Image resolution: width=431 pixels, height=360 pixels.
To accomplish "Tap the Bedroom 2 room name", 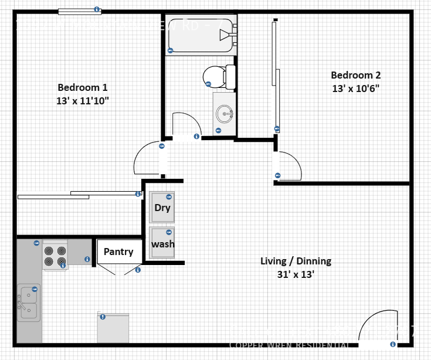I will pos(355,75).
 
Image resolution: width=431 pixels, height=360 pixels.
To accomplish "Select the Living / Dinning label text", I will pos(296,261).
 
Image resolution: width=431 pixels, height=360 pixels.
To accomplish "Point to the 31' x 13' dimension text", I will pos(296,274).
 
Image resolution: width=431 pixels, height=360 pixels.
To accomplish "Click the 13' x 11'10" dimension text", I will pos(82,101).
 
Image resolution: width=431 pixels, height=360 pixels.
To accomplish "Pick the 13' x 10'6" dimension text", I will pos(355,89).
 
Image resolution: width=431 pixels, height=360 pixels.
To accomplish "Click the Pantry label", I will pos(118,252).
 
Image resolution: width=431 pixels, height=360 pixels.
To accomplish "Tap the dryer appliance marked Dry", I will pos(162,208).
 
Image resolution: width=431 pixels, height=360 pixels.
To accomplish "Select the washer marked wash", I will pos(162,243).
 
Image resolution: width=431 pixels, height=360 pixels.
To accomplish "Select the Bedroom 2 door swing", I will pos(289,166).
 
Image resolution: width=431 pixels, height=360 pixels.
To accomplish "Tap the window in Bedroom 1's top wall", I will pos(79,11).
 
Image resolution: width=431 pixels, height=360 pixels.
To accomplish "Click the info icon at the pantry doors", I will pos(138,270).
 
